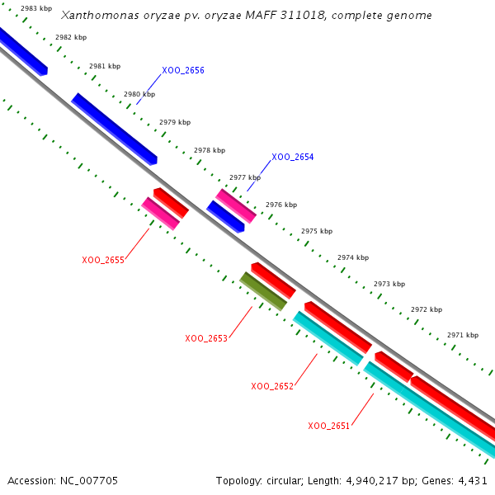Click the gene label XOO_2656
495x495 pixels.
coord(183,71)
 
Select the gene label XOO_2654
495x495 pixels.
coord(293,157)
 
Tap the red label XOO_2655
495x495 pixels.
coord(103,261)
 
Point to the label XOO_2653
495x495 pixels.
coord(206,339)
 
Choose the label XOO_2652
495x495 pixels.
coord(272,386)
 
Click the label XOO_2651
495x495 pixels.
coord(329,427)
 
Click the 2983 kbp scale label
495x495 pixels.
coord(36,8)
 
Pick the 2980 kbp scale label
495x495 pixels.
coord(139,95)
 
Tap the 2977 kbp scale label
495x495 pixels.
coord(245,177)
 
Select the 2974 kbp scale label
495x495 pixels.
coord(353,258)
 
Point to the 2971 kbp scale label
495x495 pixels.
coord(463,336)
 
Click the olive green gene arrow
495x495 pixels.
coord(263,291)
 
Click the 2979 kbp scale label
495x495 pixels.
coord(175,122)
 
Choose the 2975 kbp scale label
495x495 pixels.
coord(317,232)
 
